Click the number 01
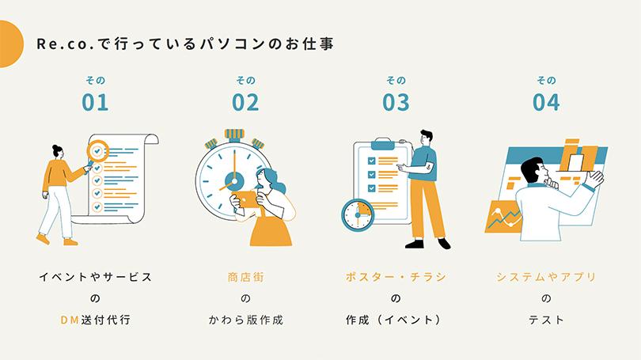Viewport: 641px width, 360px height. point(95,102)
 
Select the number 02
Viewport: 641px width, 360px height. point(245,102)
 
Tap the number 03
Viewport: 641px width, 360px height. point(396,102)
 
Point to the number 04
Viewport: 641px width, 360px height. point(546,102)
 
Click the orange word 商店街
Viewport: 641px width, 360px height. point(245,277)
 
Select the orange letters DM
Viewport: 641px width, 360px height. point(70,320)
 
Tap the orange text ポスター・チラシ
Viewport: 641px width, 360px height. point(396,277)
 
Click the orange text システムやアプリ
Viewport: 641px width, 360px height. point(546,277)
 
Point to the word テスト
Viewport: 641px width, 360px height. point(546,320)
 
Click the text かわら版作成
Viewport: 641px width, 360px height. point(245,320)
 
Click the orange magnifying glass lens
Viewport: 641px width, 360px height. point(97,151)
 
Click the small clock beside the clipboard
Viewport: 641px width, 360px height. point(358,214)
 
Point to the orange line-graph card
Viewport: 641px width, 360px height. point(503,217)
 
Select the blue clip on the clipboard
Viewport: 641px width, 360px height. point(383,143)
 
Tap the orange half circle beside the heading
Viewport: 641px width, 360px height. point(11,44)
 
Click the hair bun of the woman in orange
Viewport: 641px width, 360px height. point(55,147)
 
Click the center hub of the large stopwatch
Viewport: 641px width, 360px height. point(234,180)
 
